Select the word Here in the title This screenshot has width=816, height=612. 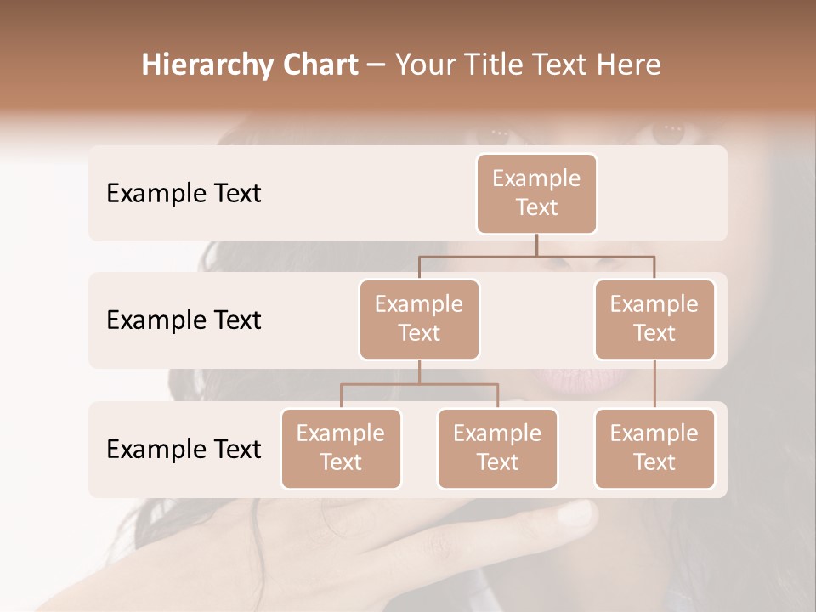pyautogui.click(x=628, y=65)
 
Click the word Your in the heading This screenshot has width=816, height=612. pyautogui.click(x=422, y=65)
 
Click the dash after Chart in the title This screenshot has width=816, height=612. pyautogui.click(x=376, y=66)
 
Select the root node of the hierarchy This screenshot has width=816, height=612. pyautogui.click(x=536, y=193)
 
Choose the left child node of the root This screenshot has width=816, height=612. pyautogui.click(x=419, y=319)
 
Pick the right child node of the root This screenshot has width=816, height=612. pyautogui.click(x=654, y=319)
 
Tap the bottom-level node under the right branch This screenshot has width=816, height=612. pyautogui.click(x=654, y=448)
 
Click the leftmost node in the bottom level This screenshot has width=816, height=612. pyautogui.click(x=341, y=448)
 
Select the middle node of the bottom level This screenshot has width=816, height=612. pyautogui.click(x=497, y=448)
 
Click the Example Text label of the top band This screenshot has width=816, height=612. pyautogui.click(x=184, y=194)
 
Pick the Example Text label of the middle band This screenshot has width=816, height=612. pyautogui.click(x=184, y=320)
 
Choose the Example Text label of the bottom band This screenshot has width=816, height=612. pyautogui.click(x=184, y=450)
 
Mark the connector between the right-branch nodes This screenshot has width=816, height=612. pyautogui.click(x=654, y=384)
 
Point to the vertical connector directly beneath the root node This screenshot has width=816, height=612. pyautogui.click(x=536, y=245)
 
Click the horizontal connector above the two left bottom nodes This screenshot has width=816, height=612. pyautogui.click(x=419, y=384)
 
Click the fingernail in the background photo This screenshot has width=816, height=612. pyautogui.click(x=579, y=513)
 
